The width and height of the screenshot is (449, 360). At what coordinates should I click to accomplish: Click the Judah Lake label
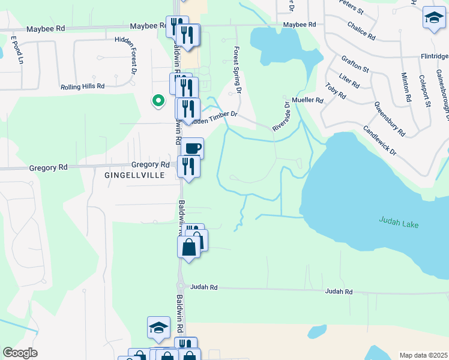399,223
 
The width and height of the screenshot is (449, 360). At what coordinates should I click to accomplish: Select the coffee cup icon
192,148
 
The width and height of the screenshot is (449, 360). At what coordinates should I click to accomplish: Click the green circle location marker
158,101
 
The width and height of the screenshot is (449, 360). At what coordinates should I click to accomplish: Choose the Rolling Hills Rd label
82,86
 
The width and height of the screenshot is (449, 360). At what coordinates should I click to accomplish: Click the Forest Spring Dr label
237,71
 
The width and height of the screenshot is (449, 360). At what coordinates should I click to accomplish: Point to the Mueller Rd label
307,100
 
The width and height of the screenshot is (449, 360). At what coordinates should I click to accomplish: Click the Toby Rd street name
336,91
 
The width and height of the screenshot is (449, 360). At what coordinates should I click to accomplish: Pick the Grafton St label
355,64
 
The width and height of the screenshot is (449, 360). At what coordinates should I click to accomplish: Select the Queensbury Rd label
390,118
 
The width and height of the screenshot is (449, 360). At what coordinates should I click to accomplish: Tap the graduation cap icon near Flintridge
433,19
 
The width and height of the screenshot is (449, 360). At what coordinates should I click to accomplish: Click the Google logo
20,353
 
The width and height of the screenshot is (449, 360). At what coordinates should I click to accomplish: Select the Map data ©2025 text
423,355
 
